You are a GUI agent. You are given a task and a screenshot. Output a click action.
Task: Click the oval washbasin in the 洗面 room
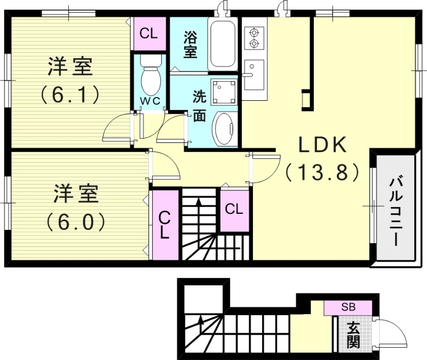pos(225,129)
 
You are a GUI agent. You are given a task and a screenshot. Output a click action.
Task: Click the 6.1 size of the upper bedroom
pos(70,95)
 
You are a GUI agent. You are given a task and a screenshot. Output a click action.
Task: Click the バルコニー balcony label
pos(396,211)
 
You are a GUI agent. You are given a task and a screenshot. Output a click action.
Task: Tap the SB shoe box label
pos(348,307)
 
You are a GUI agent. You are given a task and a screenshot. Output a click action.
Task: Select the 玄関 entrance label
pos(353,334)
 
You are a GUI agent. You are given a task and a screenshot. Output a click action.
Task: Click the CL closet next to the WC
pos(148,33)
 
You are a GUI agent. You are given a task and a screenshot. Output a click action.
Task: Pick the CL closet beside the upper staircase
pos(233,209)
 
